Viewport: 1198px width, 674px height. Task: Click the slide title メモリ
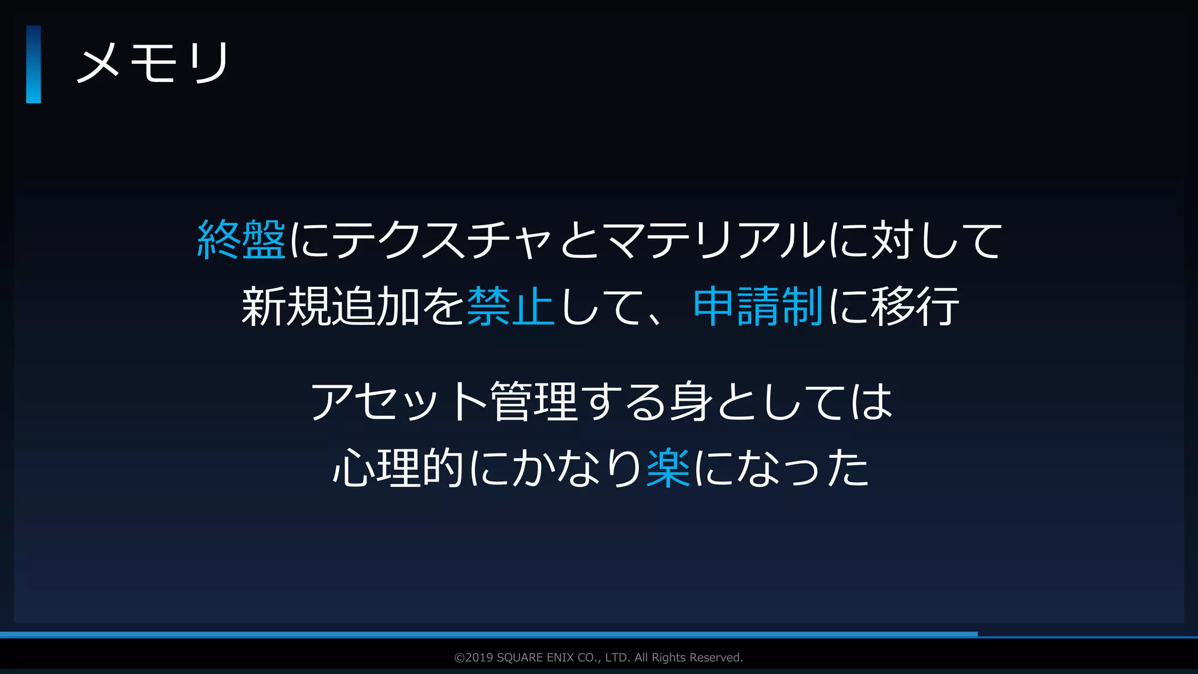coord(153,63)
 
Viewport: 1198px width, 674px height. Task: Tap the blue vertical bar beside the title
coord(33,64)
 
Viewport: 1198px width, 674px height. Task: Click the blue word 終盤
coord(242,240)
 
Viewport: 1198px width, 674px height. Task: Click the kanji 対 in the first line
coord(893,240)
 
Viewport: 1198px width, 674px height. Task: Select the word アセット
coord(398,402)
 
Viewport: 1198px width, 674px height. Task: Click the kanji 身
coord(691,402)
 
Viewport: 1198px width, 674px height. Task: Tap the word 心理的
coord(398,468)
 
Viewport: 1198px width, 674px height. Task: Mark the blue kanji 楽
coord(668,468)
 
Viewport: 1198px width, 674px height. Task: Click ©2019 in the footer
coord(473,658)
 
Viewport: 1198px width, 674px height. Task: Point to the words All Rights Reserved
coord(688,658)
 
